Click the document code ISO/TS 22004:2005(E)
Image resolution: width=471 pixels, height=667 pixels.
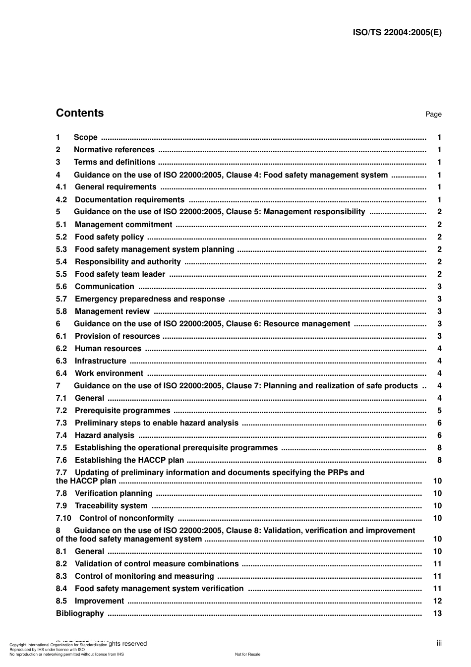pyautogui.click(x=397, y=33)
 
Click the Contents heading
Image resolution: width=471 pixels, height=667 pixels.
pyautogui.click(x=80, y=113)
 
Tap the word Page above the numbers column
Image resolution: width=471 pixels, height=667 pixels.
pyautogui.click(x=433, y=115)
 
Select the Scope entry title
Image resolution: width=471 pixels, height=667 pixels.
pyautogui.click(x=85, y=137)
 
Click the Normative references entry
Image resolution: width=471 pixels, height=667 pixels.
pyautogui.click(x=114, y=150)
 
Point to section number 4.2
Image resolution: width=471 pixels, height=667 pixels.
pyautogui.click(x=61, y=200)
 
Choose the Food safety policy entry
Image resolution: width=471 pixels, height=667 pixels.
pyautogui.click(x=109, y=237)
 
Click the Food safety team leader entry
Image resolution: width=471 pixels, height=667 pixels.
pyautogui.click(x=119, y=274)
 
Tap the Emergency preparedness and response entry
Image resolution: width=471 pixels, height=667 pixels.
pyautogui.click(x=149, y=299)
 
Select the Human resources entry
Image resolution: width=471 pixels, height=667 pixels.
pyautogui.click(x=108, y=349)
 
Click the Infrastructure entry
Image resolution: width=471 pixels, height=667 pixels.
pyautogui.click(x=100, y=361)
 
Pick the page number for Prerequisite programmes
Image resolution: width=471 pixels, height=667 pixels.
pyautogui.click(x=439, y=411)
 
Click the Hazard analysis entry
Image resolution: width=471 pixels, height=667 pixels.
pyautogui.click(x=104, y=435)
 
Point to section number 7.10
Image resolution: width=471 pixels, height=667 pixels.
pyautogui.click(x=63, y=518)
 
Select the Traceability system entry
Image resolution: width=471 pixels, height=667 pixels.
pyautogui.click(x=111, y=506)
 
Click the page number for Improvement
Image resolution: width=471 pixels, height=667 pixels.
pyautogui.click(x=437, y=601)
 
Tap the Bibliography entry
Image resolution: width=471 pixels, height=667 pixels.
pyautogui.click(x=80, y=613)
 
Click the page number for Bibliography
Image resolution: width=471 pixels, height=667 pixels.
pyautogui.click(x=437, y=613)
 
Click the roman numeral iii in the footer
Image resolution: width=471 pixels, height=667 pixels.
pyautogui.click(x=439, y=643)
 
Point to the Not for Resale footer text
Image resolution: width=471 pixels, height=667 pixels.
pyautogui.click(x=247, y=654)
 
